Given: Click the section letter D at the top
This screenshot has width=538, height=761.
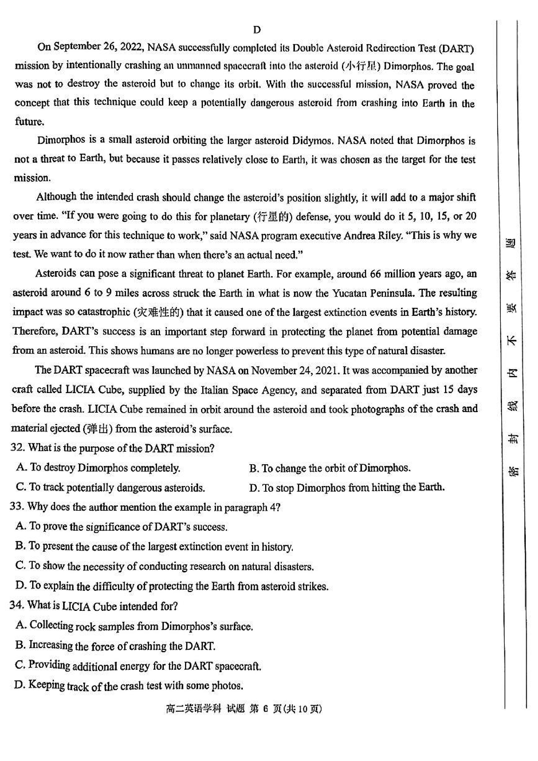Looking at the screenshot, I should (x=257, y=30).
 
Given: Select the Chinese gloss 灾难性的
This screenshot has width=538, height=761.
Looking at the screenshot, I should (x=158, y=312).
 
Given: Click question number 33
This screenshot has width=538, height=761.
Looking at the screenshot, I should (x=17, y=507).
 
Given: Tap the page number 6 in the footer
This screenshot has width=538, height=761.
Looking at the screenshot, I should (x=265, y=709).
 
